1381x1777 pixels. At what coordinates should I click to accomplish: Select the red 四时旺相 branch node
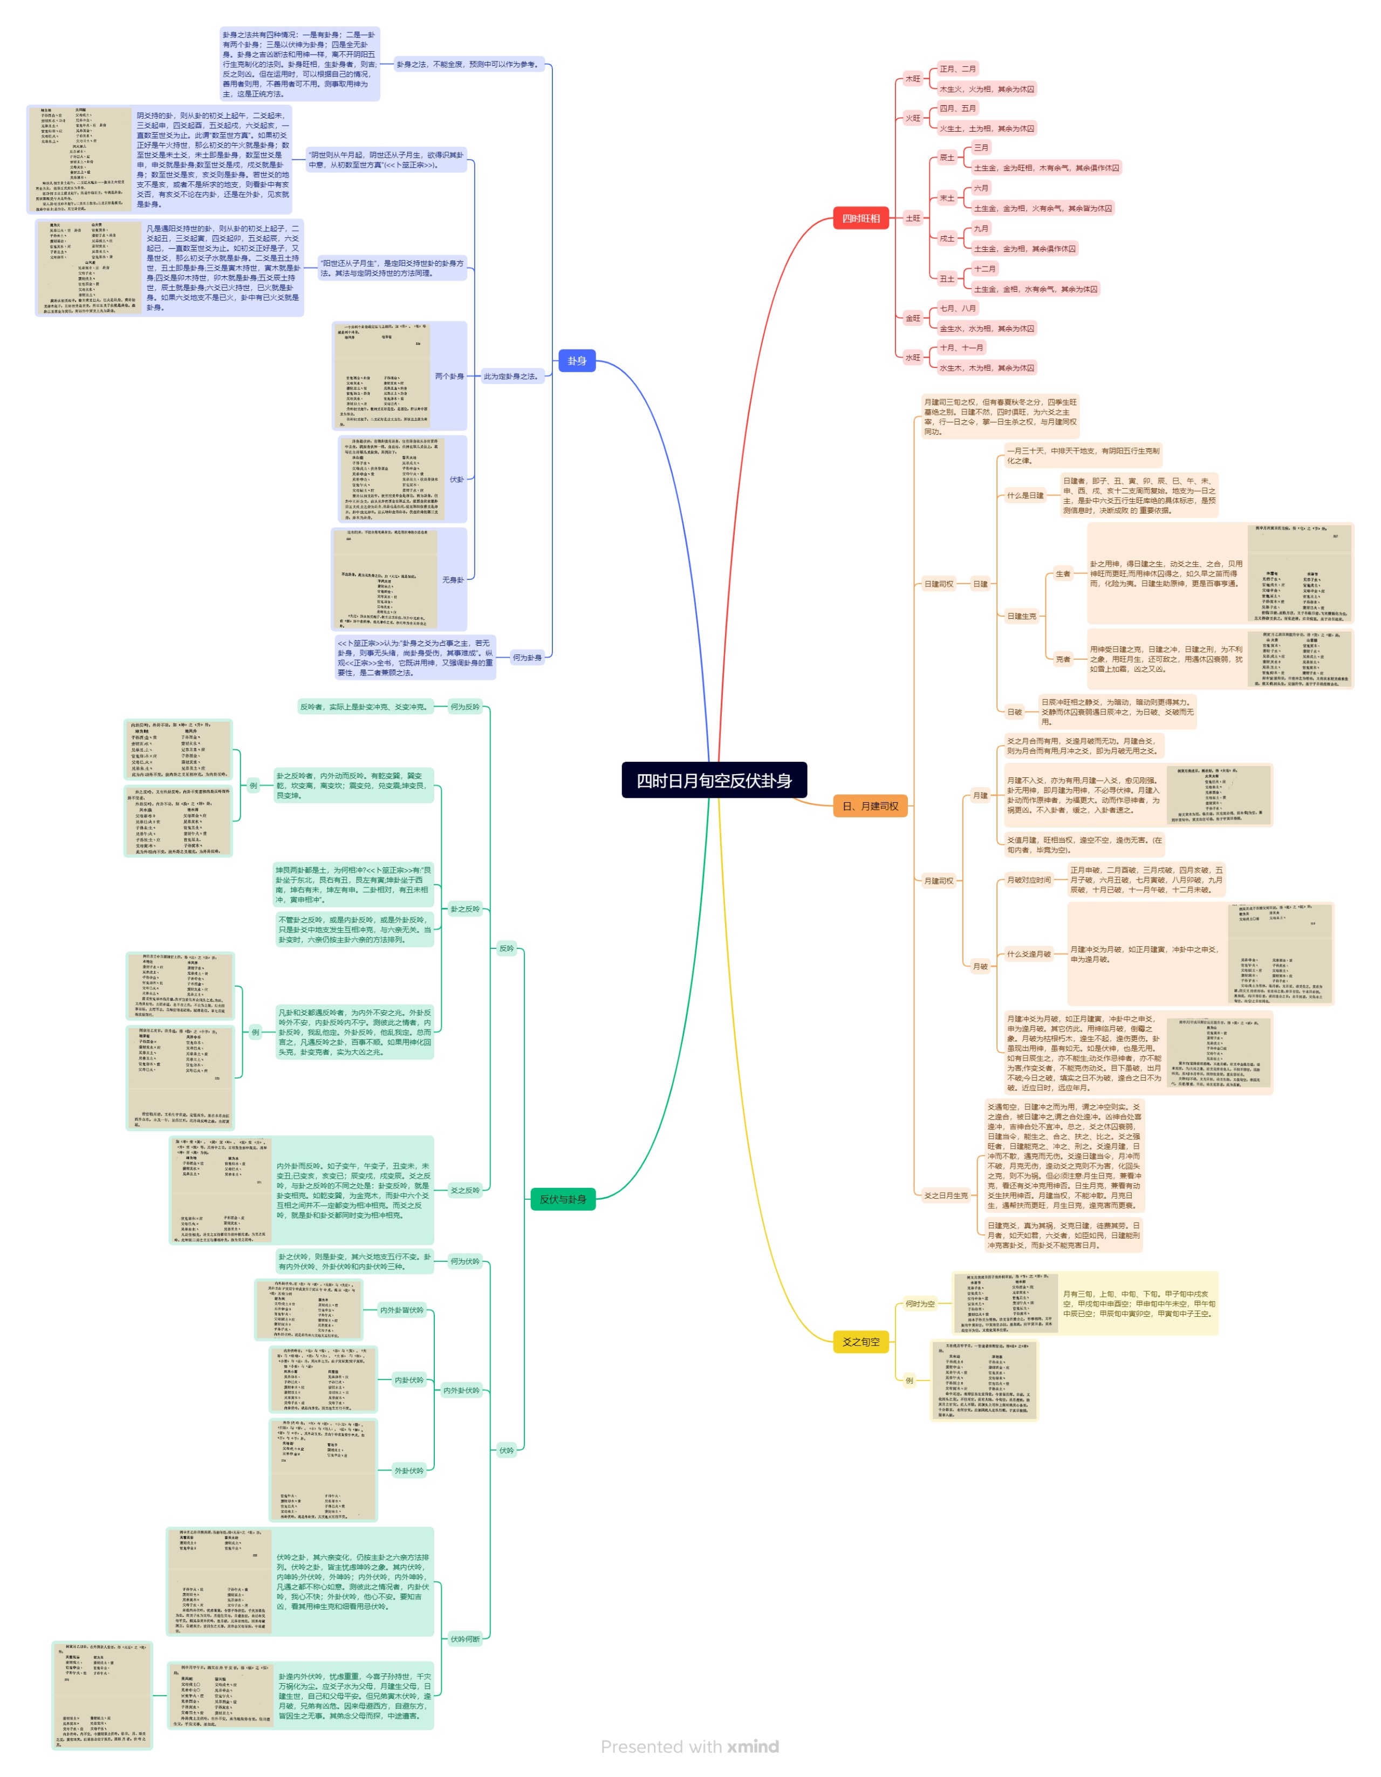[860, 218]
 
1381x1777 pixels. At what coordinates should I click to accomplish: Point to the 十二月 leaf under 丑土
[984, 269]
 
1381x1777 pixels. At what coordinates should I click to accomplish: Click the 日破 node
[1014, 712]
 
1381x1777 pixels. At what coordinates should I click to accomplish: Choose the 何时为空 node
[920, 1303]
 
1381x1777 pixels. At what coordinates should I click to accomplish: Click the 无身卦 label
[453, 580]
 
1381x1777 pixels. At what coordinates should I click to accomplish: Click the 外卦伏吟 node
[408, 1470]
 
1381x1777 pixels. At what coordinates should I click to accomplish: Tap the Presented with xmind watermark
[689, 1747]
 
